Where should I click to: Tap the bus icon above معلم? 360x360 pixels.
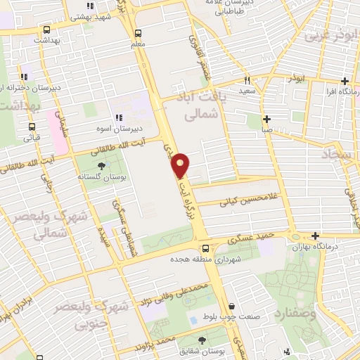click(138, 32)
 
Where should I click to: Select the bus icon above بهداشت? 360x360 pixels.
click(46, 30)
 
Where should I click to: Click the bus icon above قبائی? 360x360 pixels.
click(32, 127)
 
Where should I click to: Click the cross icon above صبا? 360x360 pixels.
click(266, 119)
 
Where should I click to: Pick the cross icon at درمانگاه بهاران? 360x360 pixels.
click(315, 236)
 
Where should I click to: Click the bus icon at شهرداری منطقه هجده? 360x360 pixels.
click(205, 247)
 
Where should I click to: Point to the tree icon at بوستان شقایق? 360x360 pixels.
click(202, 340)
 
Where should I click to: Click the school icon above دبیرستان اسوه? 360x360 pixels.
click(119, 118)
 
